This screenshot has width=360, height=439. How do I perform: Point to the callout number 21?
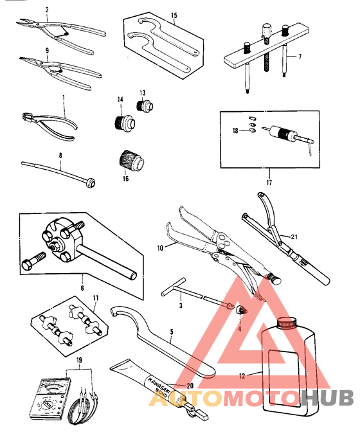click(x=293, y=237)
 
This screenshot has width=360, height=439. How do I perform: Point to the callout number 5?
click(x=171, y=334)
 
